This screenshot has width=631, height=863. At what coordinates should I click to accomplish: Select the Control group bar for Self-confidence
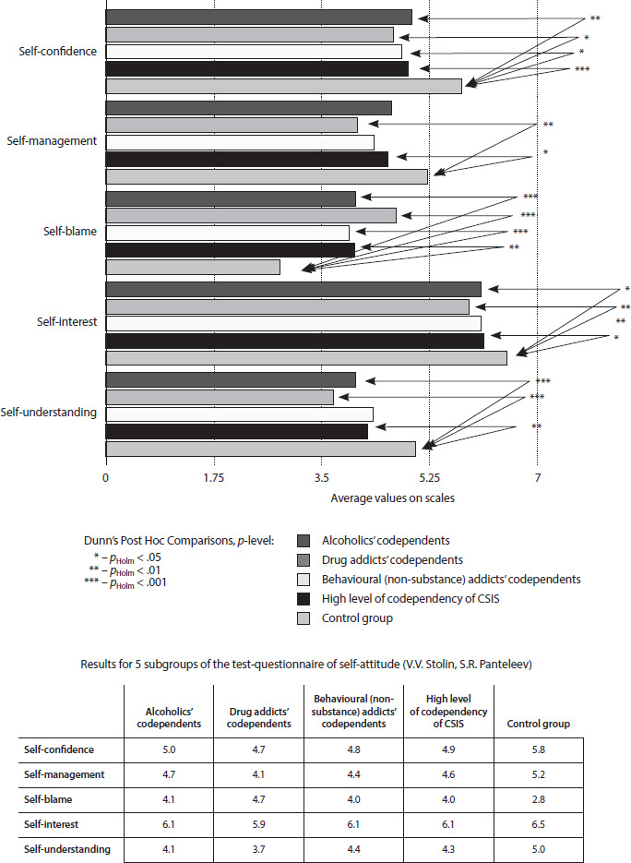click(283, 86)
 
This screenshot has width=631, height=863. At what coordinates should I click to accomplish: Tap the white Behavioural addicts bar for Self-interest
click(293, 323)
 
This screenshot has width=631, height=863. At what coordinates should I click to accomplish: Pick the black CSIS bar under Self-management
click(246, 159)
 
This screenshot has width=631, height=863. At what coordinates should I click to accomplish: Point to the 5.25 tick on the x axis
click(429, 478)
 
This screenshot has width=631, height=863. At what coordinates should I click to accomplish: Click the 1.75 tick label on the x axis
click(214, 478)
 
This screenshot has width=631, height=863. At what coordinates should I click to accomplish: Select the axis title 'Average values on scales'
click(392, 497)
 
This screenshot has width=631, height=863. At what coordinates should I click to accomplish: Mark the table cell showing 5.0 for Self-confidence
click(169, 749)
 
